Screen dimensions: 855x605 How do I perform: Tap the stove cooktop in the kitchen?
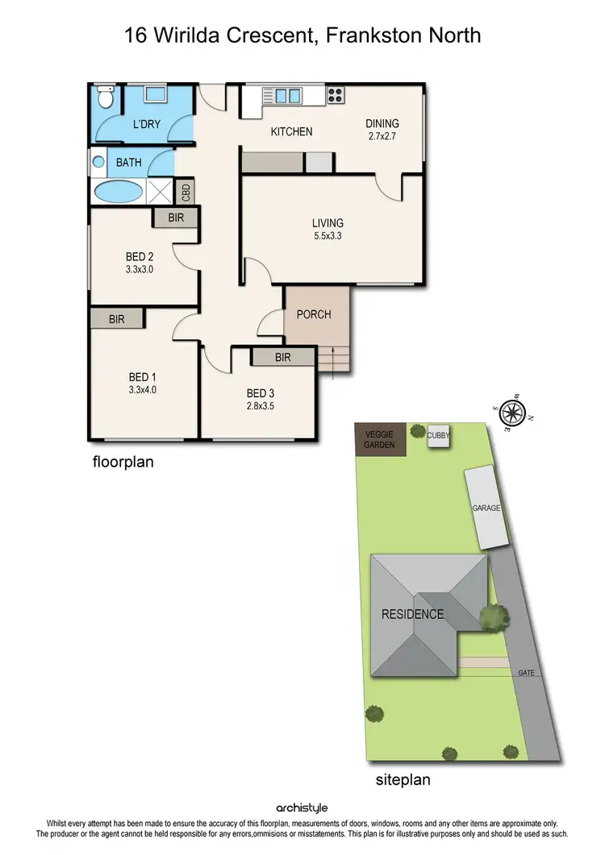335,94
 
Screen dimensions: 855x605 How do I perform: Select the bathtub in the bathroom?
119,193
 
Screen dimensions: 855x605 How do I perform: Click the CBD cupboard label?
186,193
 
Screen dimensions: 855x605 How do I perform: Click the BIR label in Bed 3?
282,357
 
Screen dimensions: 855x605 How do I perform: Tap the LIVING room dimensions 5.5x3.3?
328,236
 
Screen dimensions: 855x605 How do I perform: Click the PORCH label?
314,314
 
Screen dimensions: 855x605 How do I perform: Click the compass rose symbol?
511,413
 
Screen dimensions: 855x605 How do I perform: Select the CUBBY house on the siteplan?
440,436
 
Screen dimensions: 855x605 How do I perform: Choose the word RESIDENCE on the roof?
412,614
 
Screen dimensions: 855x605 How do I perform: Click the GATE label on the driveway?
527,673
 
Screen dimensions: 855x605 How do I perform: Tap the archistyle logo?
302,807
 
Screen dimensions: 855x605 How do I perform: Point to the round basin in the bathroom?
98,162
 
